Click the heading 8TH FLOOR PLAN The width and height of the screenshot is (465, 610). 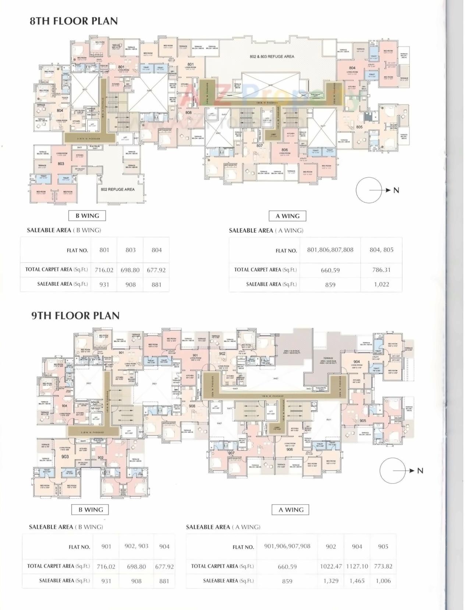pyautogui.click(x=74, y=21)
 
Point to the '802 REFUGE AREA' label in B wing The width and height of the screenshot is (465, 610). pyautogui.click(x=118, y=189)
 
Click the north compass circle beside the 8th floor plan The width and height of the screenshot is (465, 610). pyautogui.click(x=369, y=190)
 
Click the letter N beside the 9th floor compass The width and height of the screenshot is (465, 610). pyautogui.click(x=420, y=471)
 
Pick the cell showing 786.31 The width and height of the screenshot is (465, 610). pyautogui.click(x=381, y=270)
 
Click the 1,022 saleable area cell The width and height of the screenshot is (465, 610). pyautogui.click(x=381, y=284)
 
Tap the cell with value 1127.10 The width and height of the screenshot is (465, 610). pyautogui.click(x=357, y=567)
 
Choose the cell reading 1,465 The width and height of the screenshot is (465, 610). pyautogui.click(x=357, y=581)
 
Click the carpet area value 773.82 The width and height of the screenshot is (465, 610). pyautogui.click(x=383, y=567)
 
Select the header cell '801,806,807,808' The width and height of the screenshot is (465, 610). pyautogui.click(x=330, y=250)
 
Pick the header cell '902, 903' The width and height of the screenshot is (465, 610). pyautogui.click(x=136, y=546)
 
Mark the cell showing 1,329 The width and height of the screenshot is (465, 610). pyautogui.click(x=331, y=581)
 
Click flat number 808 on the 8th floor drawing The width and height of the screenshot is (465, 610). pyautogui.click(x=188, y=113)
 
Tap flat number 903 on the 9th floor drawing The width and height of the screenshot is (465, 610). pyautogui.click(x=65, y=457)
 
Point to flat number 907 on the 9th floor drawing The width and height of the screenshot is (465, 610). pyautogui.click(x=231, y=453)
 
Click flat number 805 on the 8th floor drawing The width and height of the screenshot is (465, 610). pyautogui.click(x=359, y=127)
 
